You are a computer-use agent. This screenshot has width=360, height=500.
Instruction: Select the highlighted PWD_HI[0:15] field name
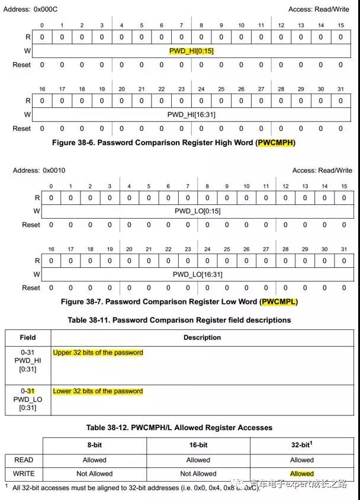pyautogui.click(x=191, y=51)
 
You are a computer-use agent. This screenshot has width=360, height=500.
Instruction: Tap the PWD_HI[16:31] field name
pyautogui.click(x=191, y=114)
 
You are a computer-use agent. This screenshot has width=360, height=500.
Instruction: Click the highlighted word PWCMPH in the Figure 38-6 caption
pyautogui.click(x=275, y=143)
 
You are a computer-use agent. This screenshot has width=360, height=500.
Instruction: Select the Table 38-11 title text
pyautogui.click(x=179, y=320)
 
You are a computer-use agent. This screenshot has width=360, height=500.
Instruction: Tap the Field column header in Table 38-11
pyautogui.click(x=28, y=338)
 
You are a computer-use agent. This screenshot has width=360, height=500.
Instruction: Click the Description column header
pyautogui.click(x=202, y=338)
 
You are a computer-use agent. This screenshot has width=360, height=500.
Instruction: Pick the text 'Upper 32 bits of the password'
pyautogui.click(x=98, y=352)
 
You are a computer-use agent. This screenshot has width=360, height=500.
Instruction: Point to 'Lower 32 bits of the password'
pyautogui.click(x=98, y=391)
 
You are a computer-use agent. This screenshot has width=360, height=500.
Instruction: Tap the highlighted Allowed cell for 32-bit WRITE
pyautogui.click(x=301, y=474)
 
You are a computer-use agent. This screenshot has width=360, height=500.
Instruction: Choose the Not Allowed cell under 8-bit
pyautogui.click(x=94, y=474)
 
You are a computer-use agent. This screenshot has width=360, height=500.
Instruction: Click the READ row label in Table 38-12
pyautogui.click(x=24, y=460)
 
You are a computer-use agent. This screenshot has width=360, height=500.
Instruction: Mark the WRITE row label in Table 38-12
pyautogui.click(x=24, y=474)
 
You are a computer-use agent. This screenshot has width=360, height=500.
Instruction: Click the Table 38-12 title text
pyautogui.click(x=179, y=427)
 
